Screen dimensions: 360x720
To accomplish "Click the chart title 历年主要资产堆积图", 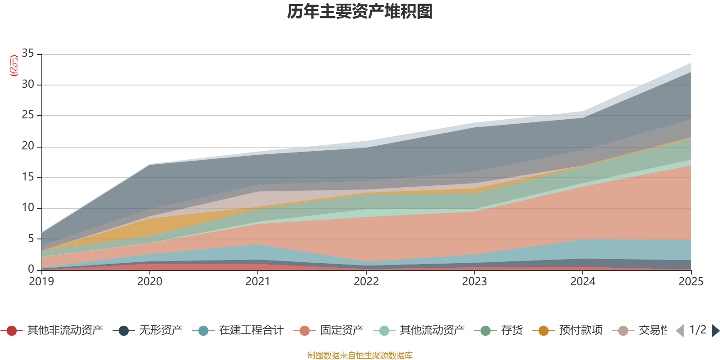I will click(x=360, y=12).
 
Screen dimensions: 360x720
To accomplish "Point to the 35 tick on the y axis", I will click(x=28, y=54).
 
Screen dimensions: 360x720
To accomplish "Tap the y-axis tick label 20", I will click(x=28, y=146).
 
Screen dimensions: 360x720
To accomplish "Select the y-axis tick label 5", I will click(x=31, y=238).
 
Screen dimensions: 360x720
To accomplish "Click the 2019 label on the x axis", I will click(x=41, y=282).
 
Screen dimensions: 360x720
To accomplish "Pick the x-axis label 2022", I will click(x=366, y=282).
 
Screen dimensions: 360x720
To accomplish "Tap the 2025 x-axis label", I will click(x=691, y=282).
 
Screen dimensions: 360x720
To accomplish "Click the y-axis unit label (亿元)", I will click(x=14, y=66).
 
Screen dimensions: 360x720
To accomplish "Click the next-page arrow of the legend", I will click(x=715, y=331).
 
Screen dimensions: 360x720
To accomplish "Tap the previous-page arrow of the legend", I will click(x=680, y=331).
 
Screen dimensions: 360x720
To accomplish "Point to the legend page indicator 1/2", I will click(x=697, y=330).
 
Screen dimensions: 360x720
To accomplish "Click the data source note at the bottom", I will click(x=360, y=355).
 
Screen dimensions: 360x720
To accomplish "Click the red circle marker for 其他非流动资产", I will click(x=12, y=331).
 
